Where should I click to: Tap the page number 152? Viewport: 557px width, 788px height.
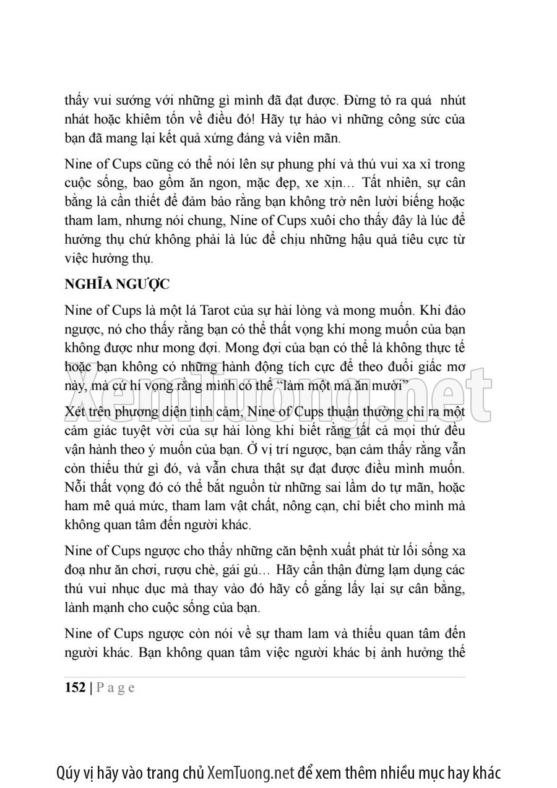(75, 688)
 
